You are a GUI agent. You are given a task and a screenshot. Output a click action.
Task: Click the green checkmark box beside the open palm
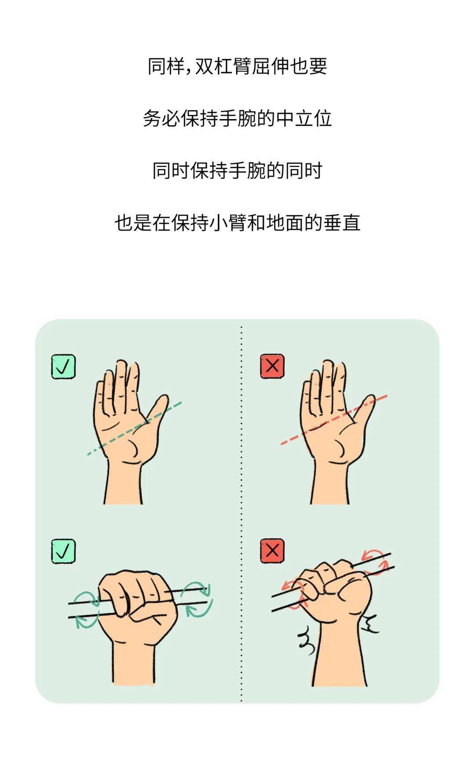(63, 367)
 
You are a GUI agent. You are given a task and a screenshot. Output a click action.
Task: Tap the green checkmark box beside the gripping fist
(63, 551)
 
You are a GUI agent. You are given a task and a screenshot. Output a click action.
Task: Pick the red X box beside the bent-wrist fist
(272, 551)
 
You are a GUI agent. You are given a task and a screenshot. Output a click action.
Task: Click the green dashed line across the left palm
(134, 428)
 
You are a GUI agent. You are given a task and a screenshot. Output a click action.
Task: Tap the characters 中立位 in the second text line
(304, 118)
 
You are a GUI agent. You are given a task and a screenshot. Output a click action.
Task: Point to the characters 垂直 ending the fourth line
(342, 222)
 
